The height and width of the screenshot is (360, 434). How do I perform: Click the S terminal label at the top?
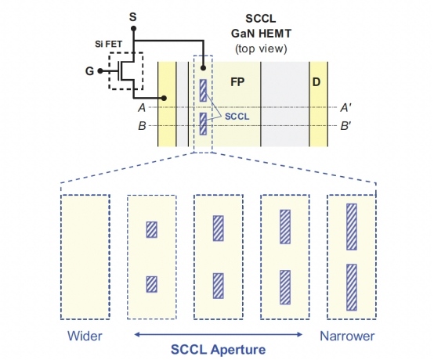(x=133, y=17)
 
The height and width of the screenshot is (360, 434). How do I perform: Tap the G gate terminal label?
(x=89, y=71)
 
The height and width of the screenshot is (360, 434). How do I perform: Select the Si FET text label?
(x=108, y=44)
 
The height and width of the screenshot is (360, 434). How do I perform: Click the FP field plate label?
(x=237, y=82)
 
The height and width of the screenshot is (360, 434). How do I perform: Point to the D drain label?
(x=316, y=82)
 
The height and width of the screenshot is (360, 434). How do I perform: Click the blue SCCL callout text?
(x=237, y=117)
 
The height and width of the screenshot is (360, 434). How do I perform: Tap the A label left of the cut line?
(x=142, y=107)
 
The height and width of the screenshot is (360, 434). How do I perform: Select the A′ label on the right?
(x=345, y=107)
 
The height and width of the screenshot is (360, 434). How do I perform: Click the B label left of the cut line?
(x=142, y=126)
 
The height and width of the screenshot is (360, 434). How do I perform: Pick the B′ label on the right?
(x=345, y=126)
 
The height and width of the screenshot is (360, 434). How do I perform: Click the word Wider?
(x=85, y=336)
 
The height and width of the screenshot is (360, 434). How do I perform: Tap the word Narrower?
(x=347, y=336)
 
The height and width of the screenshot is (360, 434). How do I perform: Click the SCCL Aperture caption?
(x=218, y=350)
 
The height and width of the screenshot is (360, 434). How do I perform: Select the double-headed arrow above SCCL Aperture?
(x=218, y=334)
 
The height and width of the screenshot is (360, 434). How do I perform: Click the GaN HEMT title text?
(x=261, y=34)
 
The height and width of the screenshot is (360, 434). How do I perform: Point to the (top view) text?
(x=261, y=49)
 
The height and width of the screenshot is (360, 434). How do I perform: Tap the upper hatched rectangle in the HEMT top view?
(x=203, y=91)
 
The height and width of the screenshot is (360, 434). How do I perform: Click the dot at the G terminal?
(x=100, y=71)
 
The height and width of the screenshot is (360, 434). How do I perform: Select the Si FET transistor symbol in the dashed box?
(x=126, y=70)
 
